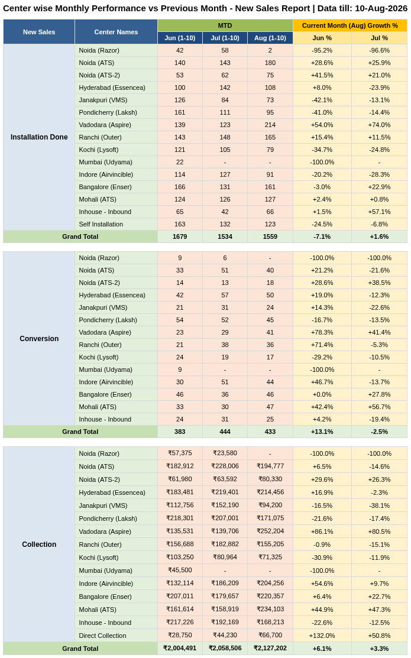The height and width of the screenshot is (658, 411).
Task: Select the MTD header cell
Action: tap(225, 25)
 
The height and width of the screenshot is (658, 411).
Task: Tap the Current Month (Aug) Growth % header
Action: tap(349, 25)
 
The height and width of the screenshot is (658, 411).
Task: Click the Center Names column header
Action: tap(116, 32)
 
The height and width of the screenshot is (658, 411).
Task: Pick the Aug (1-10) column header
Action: tap(270, 38)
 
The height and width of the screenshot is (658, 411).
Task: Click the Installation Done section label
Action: tap(39, 137)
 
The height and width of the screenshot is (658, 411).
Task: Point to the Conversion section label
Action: tap(39, 339)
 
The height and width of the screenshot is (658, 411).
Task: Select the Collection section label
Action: tap(39, 544)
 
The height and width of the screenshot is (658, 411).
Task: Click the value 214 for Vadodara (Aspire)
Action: tap(270, 125)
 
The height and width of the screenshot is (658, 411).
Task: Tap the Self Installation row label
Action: tap(101, 224)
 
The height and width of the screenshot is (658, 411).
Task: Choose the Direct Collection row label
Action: tap(102, 636)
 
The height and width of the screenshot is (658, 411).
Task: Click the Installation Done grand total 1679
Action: tap(180, 236)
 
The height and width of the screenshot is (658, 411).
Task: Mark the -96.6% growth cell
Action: tap(379, 50)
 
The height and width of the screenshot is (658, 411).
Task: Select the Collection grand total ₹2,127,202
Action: tap(270, 649)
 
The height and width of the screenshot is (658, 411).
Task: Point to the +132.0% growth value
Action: tap(322, 636)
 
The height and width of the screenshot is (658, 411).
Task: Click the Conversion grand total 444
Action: tap(225, 432)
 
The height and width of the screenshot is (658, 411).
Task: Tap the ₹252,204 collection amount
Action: tap(270, 531)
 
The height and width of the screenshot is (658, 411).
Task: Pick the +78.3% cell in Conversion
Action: tap(322, 332)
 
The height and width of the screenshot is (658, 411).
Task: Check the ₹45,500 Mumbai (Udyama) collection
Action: tap(180, 571)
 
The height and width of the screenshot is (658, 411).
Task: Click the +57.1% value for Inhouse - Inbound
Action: tap(379, 212)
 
